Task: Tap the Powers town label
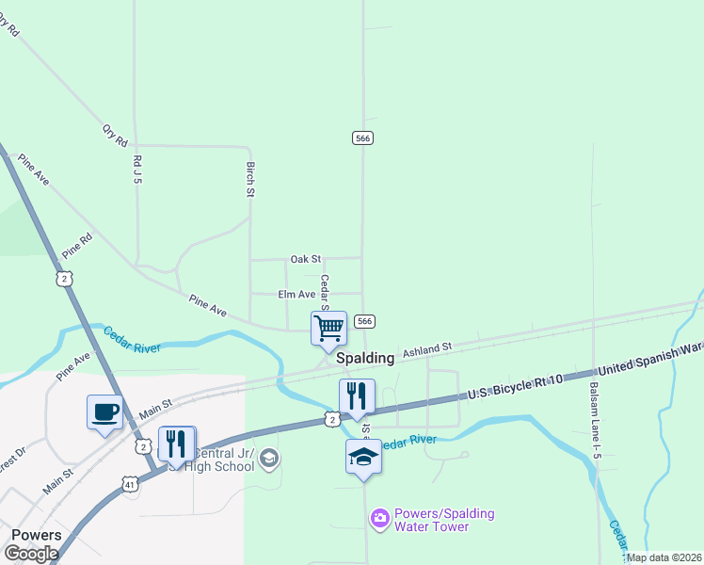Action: pos(36,535)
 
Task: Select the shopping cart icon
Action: pos(329,329)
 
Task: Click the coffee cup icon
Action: pos(104,412)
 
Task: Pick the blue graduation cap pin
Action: pos(364,458)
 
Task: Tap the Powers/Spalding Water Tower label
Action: pos(444,520)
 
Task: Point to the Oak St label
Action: pos(306,258)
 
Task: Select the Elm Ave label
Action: pos(296,295)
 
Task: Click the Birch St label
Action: pos(251,179)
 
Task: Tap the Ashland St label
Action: pos(427,349)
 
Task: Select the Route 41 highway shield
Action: pos(129,484)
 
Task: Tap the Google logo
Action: pos(31,554)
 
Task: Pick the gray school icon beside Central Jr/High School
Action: pos(269,458)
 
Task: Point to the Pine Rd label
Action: pos(77,246)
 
